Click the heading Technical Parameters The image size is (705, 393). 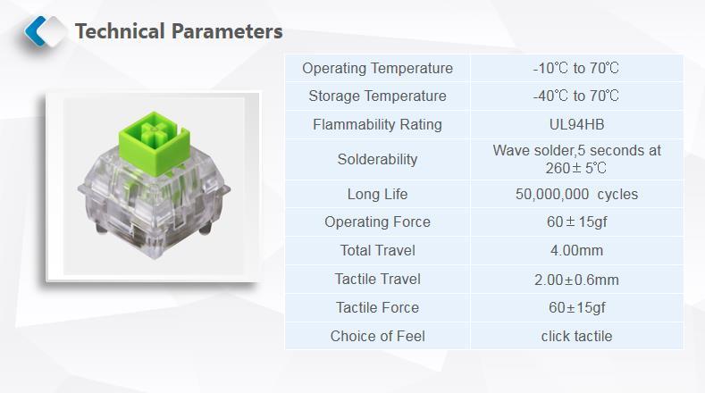click(x=179, y=31)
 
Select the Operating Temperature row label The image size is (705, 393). click(x=377, y=69)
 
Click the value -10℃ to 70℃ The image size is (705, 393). click(x=576, y=69)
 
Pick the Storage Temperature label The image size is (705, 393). click(x=377, y=96)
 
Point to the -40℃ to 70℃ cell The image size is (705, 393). click(x=576, y=96)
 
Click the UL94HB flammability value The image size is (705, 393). click(x=576, y=124)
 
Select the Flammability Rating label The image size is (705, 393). click(x=377, y=124)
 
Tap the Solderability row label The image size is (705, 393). click(x=377, y=159)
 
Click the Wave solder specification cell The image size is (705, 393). click(x=576, y=159)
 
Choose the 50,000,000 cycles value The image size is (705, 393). click(x=576, y=194)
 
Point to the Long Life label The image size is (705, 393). click(x=377, y=194)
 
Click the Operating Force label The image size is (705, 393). click(x=377, y=222)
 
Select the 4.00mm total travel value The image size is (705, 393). click(x=576, y=250)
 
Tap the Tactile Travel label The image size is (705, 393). click(x=377, y=280)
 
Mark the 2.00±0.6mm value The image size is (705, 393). click(x=576, y=280)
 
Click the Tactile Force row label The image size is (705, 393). click(x=377, y=307)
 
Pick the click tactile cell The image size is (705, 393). click(x=576, y=337)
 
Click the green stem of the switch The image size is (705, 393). click(x=154, y=143)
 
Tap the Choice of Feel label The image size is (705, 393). click(x=377, y=337)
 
